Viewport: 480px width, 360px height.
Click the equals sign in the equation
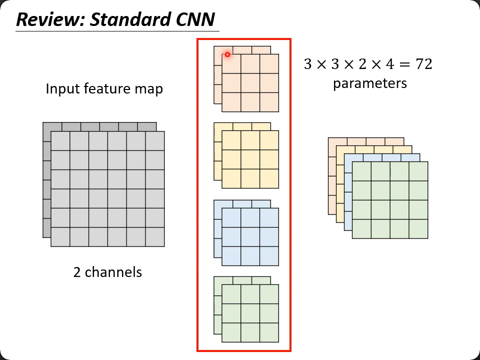(399, 64)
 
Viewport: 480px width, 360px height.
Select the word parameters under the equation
(369, 83)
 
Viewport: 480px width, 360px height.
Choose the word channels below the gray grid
(113, 272)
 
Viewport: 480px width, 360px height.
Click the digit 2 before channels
(77, 272)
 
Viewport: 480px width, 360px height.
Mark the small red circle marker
(227, 54)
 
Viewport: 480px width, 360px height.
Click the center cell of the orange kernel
(250, 83)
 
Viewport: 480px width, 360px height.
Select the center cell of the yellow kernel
(250, 159)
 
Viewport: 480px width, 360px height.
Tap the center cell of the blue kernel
(250, 236)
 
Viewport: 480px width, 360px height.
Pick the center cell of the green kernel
(250, 313)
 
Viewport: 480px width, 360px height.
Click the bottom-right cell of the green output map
(418, 229)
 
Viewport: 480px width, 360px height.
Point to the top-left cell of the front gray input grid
(60, 140)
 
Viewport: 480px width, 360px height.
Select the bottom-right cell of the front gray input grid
(155, 237)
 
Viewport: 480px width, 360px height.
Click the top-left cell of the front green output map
(362, 171)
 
